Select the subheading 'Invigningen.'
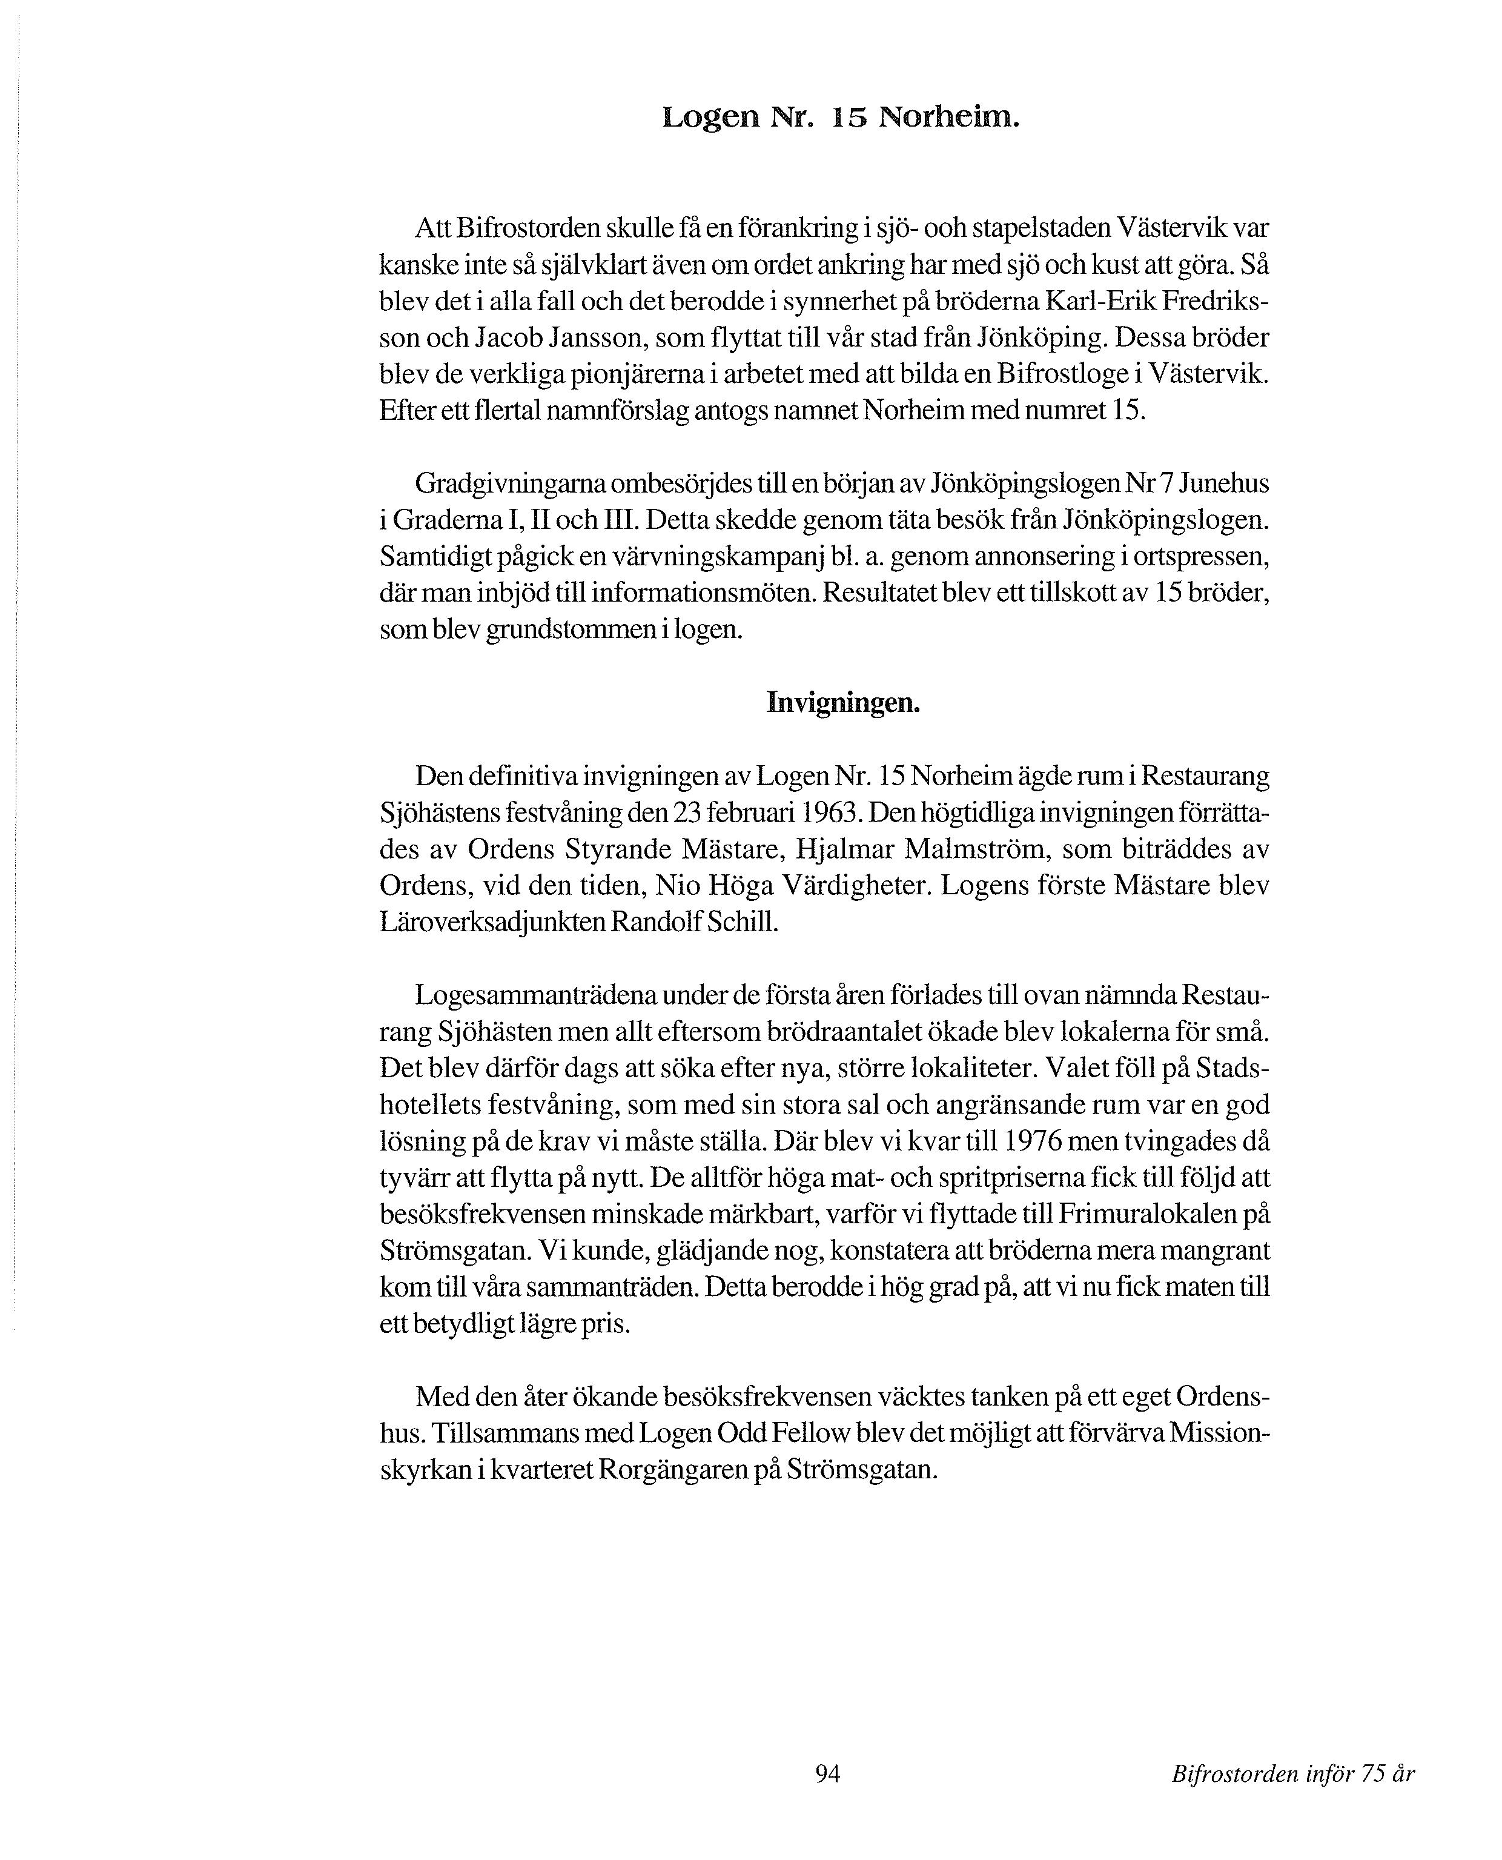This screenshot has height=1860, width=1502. (842, 703)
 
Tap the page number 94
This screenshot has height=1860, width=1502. (828, 1773)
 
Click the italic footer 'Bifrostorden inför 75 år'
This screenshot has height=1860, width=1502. (1292, 1775)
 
